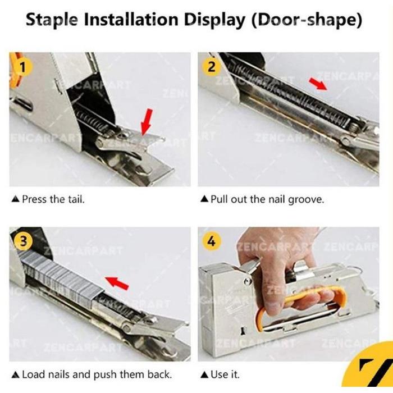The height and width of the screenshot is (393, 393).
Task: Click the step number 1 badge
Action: pyautogui.click(x=22, y=67)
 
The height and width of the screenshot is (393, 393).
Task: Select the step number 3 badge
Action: pyautogui.click(x=22, y=241)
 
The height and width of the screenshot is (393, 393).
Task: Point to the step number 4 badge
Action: pyautogui.click(x=211, y=241)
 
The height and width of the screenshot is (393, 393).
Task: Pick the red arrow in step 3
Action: pyautogui.click(x=117, y=281)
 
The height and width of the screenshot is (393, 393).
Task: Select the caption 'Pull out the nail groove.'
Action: pyautogui.click(x=262, y=199)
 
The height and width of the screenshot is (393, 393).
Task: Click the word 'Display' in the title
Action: pyautogui.click(x=216, y=20)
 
